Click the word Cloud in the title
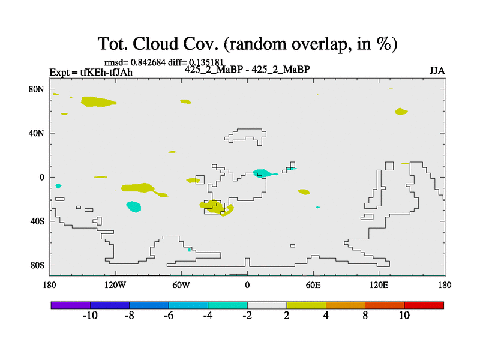click(x=155, y=43)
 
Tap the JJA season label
click(x=437, y=71)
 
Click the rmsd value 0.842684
click(x=148, y=62)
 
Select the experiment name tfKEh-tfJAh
click(x=106, y=72)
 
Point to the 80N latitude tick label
click(x=37, y=89)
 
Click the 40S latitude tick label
click(x=37, y=221)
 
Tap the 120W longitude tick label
click(x=115, y=286)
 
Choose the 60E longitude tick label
click(x=313, y=286)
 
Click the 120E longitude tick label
click(x=379, y=286)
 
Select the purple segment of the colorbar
click(x=71, y=305)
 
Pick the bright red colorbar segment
click(x=424, y=305)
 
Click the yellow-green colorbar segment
click(x=307, y=305)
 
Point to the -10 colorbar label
click(x=90, y=316)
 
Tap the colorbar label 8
click(x=365, y=316)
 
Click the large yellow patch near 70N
click(x=98, y=101)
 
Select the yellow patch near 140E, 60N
click(x=401, y=112)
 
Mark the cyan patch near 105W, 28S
click(x=134, y=206)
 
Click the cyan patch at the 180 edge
click(x=58, y=186)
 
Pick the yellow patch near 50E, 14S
click(x=304, y=192)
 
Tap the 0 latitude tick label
click(x=41, y=177)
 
